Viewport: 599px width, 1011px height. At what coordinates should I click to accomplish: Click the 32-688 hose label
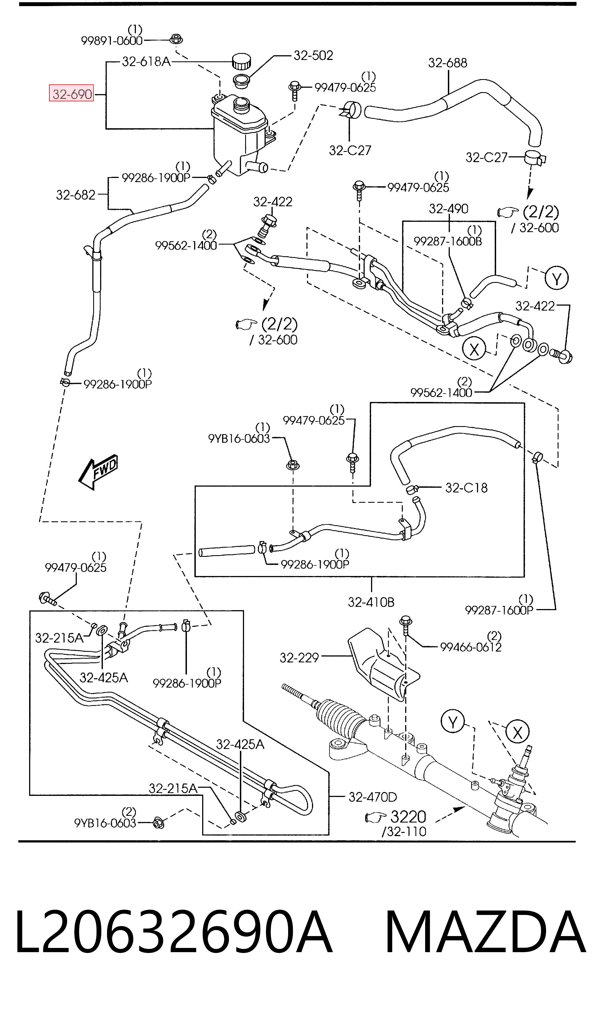[x=448, y=63]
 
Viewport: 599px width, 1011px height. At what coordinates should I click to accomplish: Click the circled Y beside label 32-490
[x=557, y=278]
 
